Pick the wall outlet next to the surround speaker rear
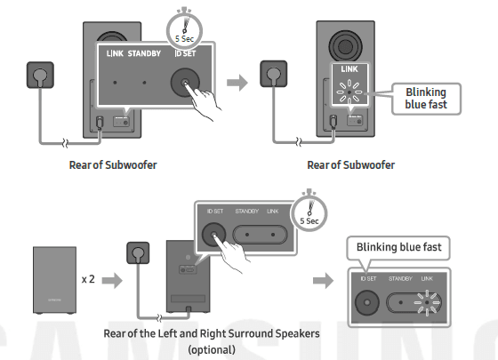[x=139, y=253]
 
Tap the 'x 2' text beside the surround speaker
[x=89, y=278]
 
